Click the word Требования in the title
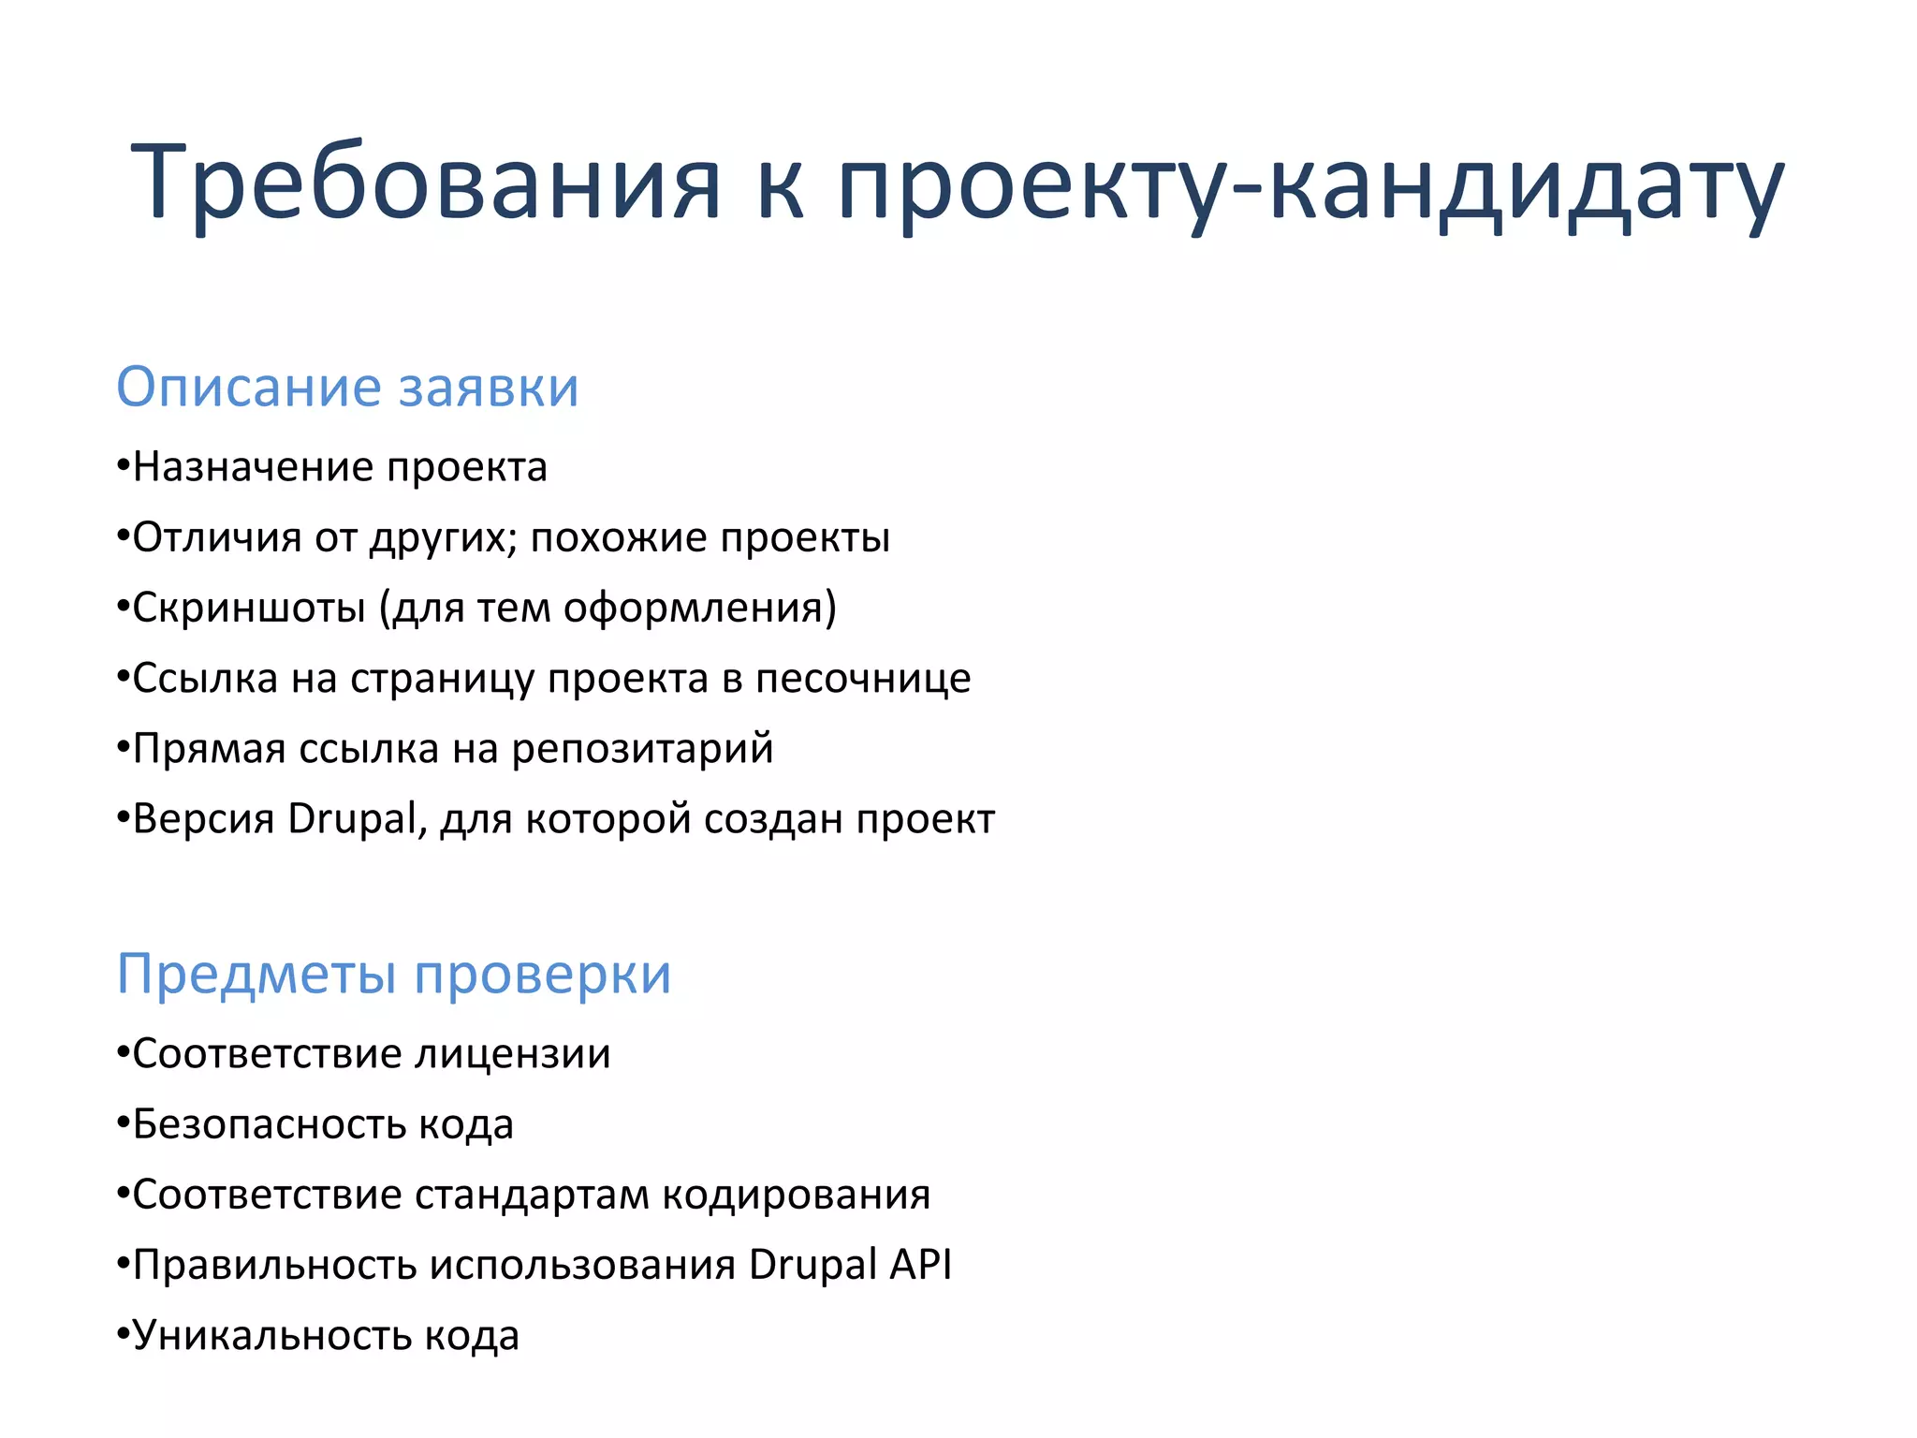click(x=426, y=182)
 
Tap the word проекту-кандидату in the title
click(x=1310, y=182)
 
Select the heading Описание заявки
click(x=347, y=387)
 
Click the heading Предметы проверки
click(x=393, y=974)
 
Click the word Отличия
click(x=217, y=537)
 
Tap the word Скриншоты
click(x=249, y=608)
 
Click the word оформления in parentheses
click(x=696, y=608)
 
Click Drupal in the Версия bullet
click(x=352, y=819)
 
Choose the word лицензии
click(x=513, y=1054)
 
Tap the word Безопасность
click(x=270, y=1124)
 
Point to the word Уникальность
click(x=272, y=1335)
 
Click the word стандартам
click(x=532, y=1195)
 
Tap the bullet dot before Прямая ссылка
click(x=123, y=749)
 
